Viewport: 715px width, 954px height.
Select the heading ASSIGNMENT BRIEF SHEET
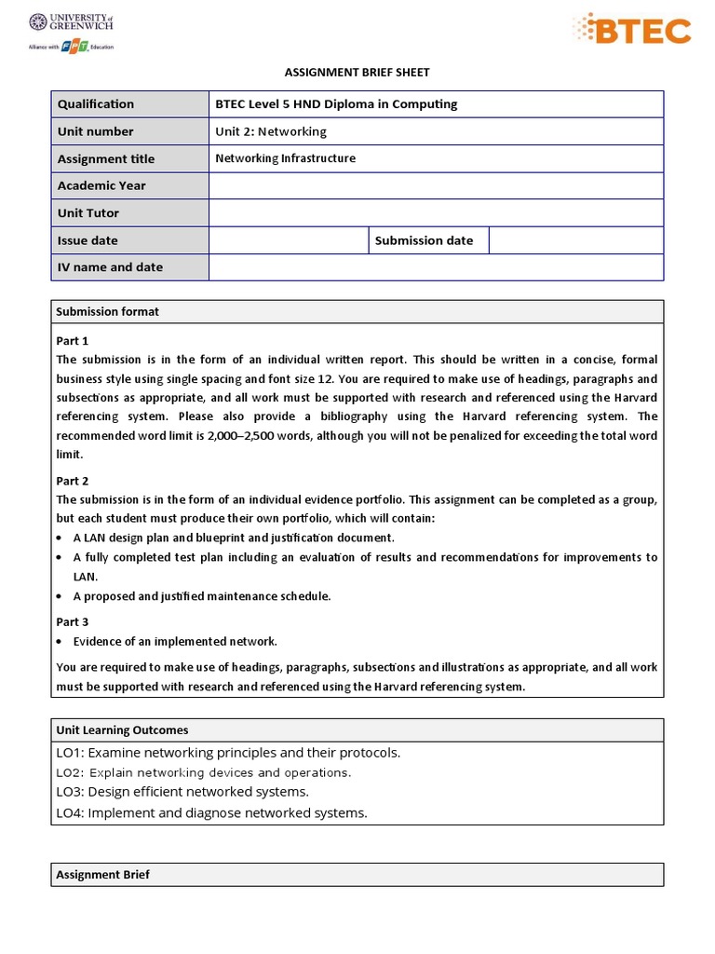pos(357,72)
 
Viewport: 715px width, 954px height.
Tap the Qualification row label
pos(96,104)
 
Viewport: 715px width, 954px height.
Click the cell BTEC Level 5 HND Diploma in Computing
pos(336,104)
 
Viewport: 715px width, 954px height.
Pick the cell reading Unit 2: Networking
pos(271,131)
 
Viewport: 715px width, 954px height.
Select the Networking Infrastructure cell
pos(285,158)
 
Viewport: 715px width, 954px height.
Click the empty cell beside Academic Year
pos(436,185)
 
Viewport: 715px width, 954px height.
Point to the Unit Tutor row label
pos(88,212)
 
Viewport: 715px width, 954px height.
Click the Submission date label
pos(424,240)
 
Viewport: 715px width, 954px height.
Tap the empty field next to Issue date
pos(289,240)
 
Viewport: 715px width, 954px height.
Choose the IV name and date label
pos(110,267)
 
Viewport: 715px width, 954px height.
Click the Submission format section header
pos(107,311)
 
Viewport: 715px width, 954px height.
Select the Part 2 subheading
pos(73,481)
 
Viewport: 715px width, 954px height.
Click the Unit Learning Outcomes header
pos(122,730)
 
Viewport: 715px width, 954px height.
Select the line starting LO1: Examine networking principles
pos(228,753)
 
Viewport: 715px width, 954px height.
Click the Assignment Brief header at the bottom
pos(102,875)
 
